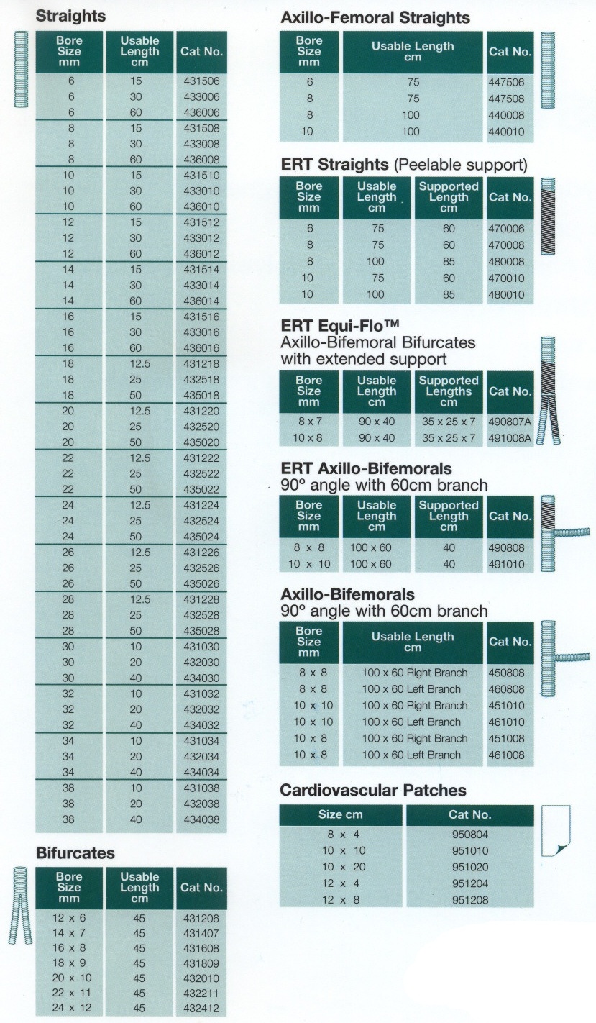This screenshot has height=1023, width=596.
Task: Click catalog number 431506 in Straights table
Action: coord(201,81)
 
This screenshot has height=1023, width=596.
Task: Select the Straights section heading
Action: coord(70,16)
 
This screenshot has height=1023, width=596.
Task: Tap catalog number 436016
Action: coord(201,347)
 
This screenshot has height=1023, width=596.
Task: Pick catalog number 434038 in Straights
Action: coord(201,819)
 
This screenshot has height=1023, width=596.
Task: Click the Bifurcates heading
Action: coord(75,853)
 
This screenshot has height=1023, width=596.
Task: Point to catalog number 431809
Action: coord(201,963)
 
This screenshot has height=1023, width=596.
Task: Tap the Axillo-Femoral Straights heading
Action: coord(375,17)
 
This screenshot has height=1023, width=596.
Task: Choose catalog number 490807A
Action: coord(510,421)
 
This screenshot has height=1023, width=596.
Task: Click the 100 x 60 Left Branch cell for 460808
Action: coord(413,689)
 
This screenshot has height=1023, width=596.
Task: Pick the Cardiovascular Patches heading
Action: coord(372,791)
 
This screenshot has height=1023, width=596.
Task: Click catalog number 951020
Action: coord(470,867)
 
